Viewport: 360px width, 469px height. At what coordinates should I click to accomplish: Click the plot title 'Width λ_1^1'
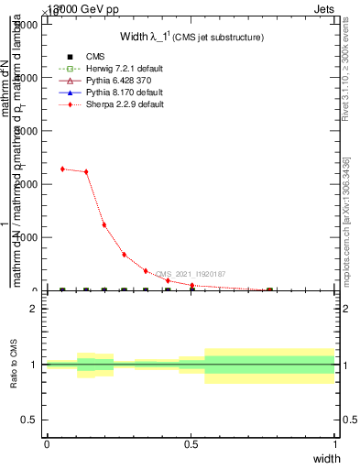pyautogui.click(x=192, y=37)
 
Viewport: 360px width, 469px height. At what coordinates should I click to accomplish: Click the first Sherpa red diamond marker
pyautogui.click(x=61, y=169)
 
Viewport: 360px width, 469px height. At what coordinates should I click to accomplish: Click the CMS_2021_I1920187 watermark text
pyautogui.click(x=191, y=274)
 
